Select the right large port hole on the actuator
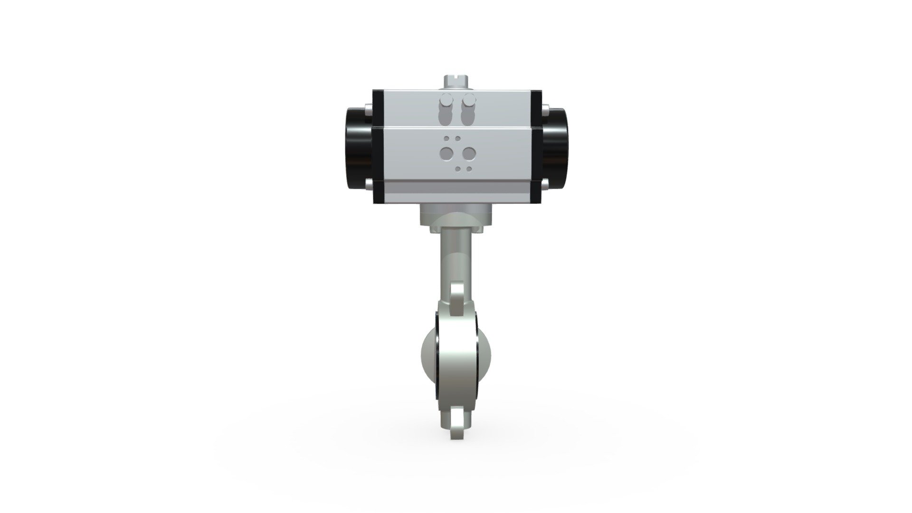coord(469,153)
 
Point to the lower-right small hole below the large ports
coord(469,169)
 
